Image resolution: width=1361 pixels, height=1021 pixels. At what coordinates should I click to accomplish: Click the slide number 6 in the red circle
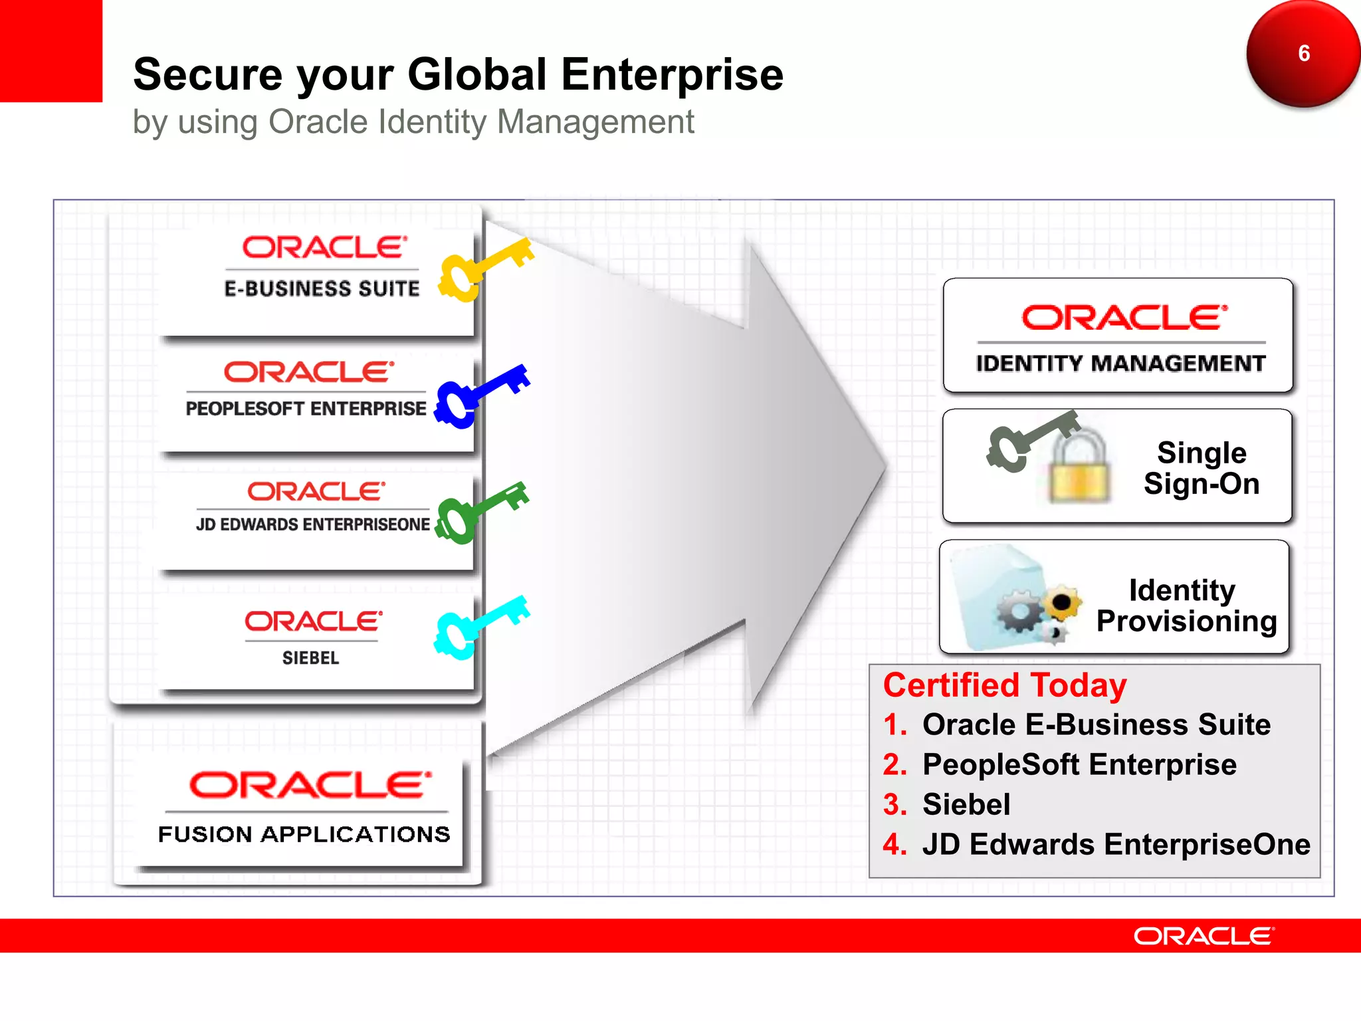click(1304, 53)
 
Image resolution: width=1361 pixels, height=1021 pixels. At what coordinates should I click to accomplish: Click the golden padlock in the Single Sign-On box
click(1079, 469)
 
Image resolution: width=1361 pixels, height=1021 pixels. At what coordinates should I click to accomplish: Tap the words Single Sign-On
click(1201, 468)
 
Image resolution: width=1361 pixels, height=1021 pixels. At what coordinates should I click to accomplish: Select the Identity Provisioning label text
click(1186, 606)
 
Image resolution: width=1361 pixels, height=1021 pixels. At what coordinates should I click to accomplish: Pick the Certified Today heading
click(1004, 685)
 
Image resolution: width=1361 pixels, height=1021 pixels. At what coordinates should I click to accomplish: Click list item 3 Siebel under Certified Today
click(966, 804)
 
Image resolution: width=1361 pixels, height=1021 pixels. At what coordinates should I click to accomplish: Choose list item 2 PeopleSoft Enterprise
click(1079, 764)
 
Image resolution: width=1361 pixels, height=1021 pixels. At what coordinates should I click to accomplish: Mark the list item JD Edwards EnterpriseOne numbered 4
click(1116, 844)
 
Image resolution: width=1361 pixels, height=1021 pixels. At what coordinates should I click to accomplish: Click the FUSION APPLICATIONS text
click(304, 834)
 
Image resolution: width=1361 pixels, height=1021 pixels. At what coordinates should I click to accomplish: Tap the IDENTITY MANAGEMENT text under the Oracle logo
click(1120, 364)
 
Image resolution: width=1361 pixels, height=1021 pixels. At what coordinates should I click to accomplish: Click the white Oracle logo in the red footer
click(1204, 937)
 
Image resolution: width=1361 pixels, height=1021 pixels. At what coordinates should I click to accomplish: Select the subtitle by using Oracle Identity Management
click(413, 122)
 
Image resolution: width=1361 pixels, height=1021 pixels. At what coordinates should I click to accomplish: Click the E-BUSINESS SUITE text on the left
click(322, 288)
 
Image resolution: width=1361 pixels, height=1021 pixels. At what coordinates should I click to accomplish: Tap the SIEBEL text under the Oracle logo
click(310, 658)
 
